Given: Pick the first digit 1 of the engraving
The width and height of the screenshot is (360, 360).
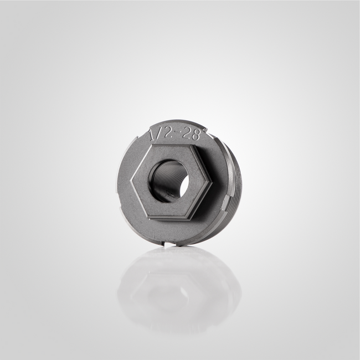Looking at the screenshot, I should (153, 135).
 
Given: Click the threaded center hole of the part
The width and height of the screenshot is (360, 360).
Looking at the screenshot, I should (169, 181).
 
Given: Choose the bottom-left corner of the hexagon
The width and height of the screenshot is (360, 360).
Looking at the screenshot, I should (150, 218).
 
